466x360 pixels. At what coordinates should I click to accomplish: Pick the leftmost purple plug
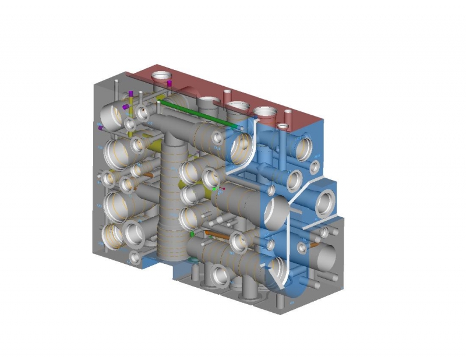[x=101, y=127]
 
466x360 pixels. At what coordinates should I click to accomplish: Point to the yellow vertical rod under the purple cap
[x=132, y=108]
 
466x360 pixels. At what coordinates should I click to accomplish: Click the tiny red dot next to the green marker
[x=223, y=189]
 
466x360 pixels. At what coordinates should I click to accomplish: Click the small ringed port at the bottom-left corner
[x=135, y=256]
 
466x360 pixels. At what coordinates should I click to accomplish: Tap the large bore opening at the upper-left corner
[x=113, y=113]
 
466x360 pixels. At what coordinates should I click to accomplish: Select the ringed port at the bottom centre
[x=221, y=274]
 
